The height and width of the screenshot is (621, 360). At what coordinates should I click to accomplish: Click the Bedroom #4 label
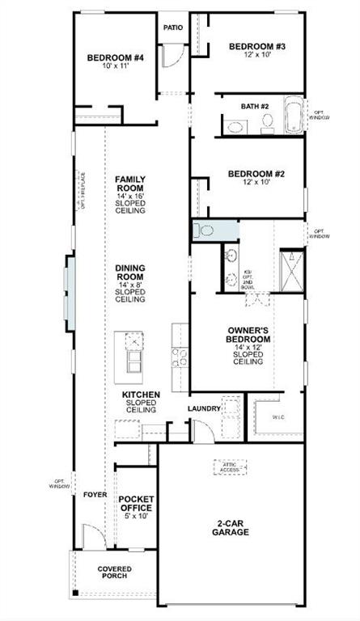click(x=115, y=58)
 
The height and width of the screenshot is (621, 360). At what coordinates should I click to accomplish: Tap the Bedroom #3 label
click(x=257, y=47)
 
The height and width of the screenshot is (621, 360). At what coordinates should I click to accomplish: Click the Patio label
click(x=172, y=27)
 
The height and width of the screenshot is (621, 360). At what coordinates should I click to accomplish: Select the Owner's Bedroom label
click(x=248, y=339)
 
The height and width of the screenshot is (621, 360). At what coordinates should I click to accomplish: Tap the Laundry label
click(x=204, y=408)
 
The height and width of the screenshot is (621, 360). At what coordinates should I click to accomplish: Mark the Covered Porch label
click(x=115, y=572)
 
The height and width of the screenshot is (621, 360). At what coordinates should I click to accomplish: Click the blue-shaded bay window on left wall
click(x=70, y=290)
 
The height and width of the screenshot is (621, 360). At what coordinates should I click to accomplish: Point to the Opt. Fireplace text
click(x=83, y=191)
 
